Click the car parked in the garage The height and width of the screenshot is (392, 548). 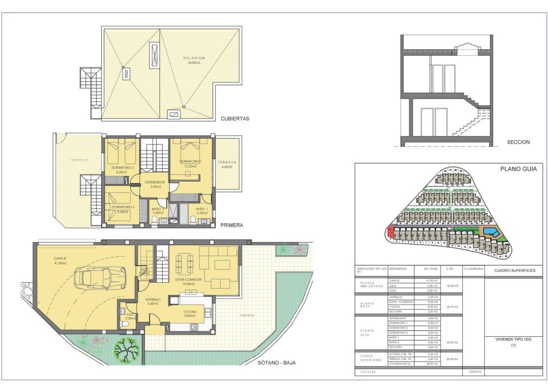click(99, 277)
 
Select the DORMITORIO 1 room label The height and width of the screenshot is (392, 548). click(191, 161)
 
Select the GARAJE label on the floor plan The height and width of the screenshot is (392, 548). click(59, 259)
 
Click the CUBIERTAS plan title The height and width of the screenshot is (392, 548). click(235, 119)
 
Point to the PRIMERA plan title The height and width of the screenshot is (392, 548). click(232, 225)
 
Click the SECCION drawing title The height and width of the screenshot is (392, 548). click(518, 142)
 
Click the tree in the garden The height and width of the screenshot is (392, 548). click(126, 351)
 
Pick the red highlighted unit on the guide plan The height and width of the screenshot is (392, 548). click(389, 232)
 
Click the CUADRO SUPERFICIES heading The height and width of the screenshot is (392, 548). click(515, 270)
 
